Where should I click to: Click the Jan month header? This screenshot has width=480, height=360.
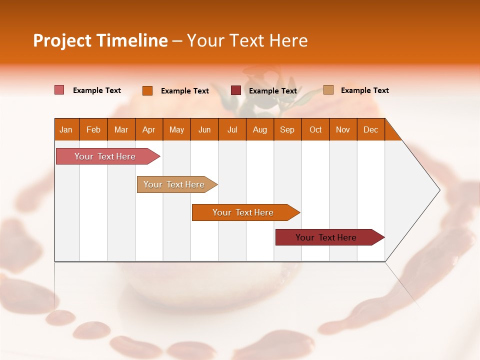66,129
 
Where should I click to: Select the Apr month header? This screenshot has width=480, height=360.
149,129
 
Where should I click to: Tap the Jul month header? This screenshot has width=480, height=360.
232,129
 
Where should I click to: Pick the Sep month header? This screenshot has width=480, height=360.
287,129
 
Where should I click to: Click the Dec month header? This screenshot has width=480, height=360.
370,129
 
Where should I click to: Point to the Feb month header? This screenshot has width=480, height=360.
93,129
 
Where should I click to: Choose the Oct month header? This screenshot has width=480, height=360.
315,129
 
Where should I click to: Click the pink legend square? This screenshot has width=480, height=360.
59,90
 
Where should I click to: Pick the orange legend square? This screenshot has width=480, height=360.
147,90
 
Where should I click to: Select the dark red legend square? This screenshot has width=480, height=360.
236,90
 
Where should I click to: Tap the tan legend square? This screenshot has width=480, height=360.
328,90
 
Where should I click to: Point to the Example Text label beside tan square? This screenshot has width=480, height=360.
364,90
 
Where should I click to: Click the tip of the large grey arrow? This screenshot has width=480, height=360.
438,190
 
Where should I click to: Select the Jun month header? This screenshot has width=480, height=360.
204,129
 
